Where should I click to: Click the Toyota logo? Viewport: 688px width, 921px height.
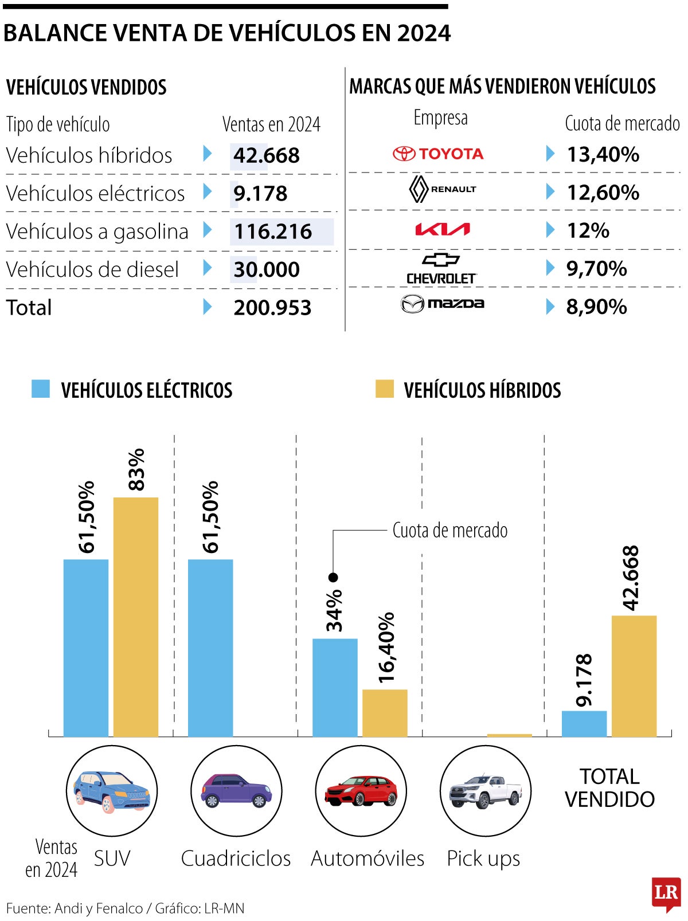[x=438, y=154]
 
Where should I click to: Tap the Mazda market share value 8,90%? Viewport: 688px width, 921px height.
[x=596, y=307]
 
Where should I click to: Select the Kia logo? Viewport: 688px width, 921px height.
[x=442, y=230]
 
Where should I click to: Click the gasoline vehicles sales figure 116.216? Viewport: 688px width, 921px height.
[x=273, y=232]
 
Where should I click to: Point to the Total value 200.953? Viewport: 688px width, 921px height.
[x=272, y=308]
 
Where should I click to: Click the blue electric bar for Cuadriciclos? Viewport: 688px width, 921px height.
[x=210, y=648]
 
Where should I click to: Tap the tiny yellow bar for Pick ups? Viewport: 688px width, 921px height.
[x=509, y=735]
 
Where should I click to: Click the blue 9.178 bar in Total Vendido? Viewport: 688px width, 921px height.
[x=584, y=723]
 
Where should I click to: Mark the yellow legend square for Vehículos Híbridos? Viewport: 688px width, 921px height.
[x=385, y=389]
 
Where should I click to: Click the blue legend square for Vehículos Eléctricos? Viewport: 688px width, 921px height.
[x=41, y=389]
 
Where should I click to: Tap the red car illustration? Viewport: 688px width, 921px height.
[x=361, y=791]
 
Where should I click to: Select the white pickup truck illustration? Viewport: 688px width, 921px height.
[x=485, y=791]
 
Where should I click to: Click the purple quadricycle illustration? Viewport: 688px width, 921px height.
[x=236, y=791]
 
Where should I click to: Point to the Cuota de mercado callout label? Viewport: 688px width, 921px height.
[x=450, y=531]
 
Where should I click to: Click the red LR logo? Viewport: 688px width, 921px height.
[x=666, y=893]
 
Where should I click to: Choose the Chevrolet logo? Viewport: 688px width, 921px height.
[x=441, y=268]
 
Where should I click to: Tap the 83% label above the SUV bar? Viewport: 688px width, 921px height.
[x=136, y=469]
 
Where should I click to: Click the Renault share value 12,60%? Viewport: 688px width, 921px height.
[x=603, y=193]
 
